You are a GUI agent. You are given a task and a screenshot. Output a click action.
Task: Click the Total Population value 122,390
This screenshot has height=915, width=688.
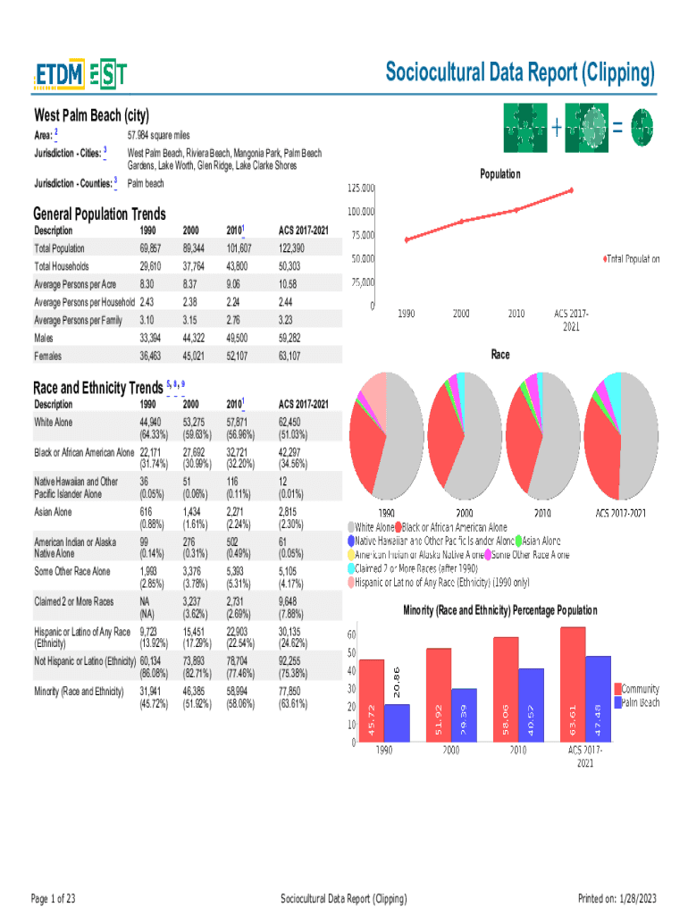291,248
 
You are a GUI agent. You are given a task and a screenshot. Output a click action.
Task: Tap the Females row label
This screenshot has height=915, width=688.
48,356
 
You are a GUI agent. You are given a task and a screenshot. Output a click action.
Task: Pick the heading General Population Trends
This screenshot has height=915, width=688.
99,214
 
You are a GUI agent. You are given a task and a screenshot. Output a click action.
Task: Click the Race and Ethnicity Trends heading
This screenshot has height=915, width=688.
97,388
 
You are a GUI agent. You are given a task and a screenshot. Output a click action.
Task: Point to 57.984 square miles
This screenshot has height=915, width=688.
159,134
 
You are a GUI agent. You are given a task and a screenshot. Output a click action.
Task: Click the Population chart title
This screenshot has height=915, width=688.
500,174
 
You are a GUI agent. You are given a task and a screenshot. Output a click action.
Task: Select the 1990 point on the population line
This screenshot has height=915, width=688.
407,239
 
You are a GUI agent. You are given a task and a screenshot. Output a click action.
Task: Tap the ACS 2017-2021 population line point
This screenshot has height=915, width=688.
571,190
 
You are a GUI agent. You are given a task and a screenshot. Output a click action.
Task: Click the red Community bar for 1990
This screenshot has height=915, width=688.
371,701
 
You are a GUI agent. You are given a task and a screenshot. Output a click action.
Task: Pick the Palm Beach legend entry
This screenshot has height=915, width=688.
641,702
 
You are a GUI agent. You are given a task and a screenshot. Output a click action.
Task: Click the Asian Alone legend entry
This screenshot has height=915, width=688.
541,541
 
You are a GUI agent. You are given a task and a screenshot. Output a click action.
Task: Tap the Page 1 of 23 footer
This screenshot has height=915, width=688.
54,898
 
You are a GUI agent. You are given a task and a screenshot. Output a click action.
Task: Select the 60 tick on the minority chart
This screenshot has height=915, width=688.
352,634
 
